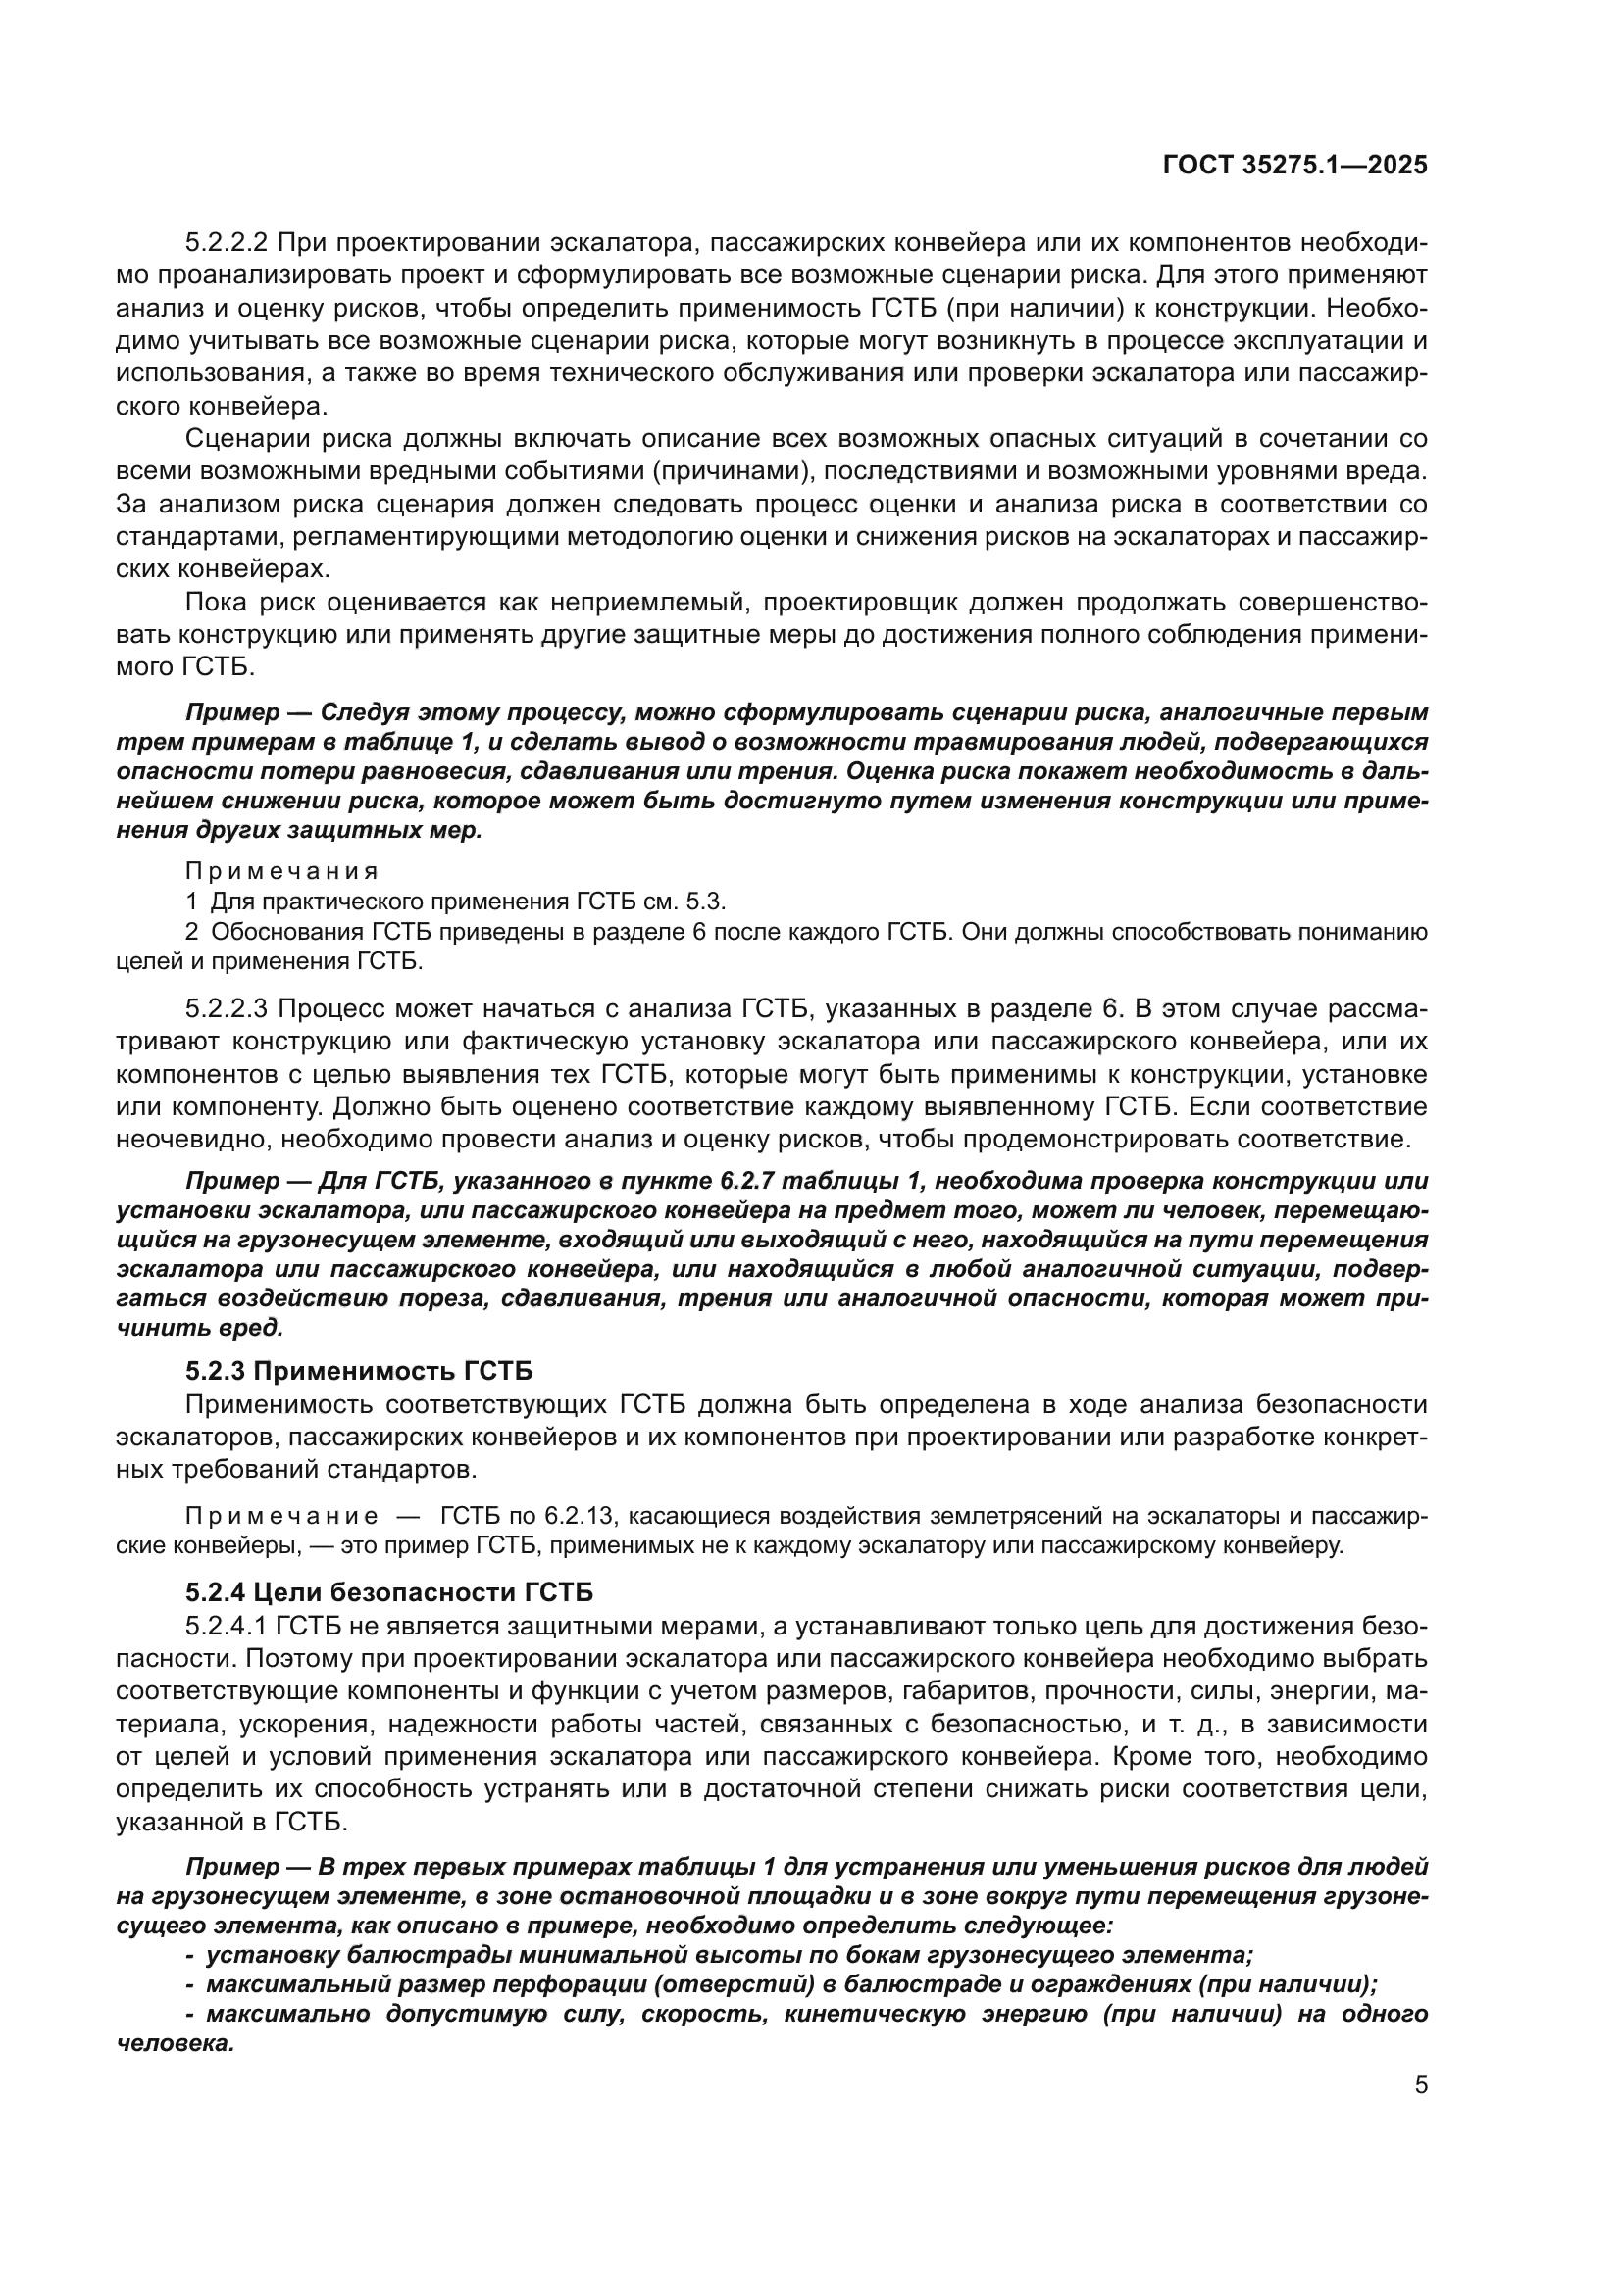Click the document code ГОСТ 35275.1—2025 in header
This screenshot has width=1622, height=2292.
1294,166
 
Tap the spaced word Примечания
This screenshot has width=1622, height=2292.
281,871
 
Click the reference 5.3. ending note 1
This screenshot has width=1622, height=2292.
705,902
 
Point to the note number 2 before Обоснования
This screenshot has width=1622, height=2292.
191,931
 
